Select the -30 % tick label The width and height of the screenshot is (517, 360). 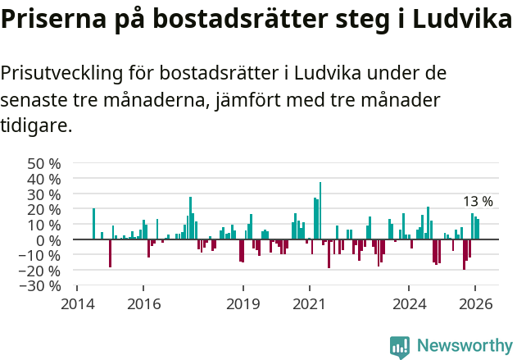40,285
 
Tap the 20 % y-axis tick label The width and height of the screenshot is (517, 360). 44,209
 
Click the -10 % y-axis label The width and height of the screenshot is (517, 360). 40,255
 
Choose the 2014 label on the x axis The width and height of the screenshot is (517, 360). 77,303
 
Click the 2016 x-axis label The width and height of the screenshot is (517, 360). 143,303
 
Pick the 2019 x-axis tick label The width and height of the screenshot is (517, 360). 243,303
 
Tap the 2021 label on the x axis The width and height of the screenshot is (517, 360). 310,303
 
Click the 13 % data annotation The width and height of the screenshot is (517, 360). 478,201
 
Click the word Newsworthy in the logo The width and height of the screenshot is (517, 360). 464,345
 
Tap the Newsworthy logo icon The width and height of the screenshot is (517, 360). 400,347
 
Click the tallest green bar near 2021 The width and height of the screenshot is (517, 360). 320,211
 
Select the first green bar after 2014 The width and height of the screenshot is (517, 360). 93,224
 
